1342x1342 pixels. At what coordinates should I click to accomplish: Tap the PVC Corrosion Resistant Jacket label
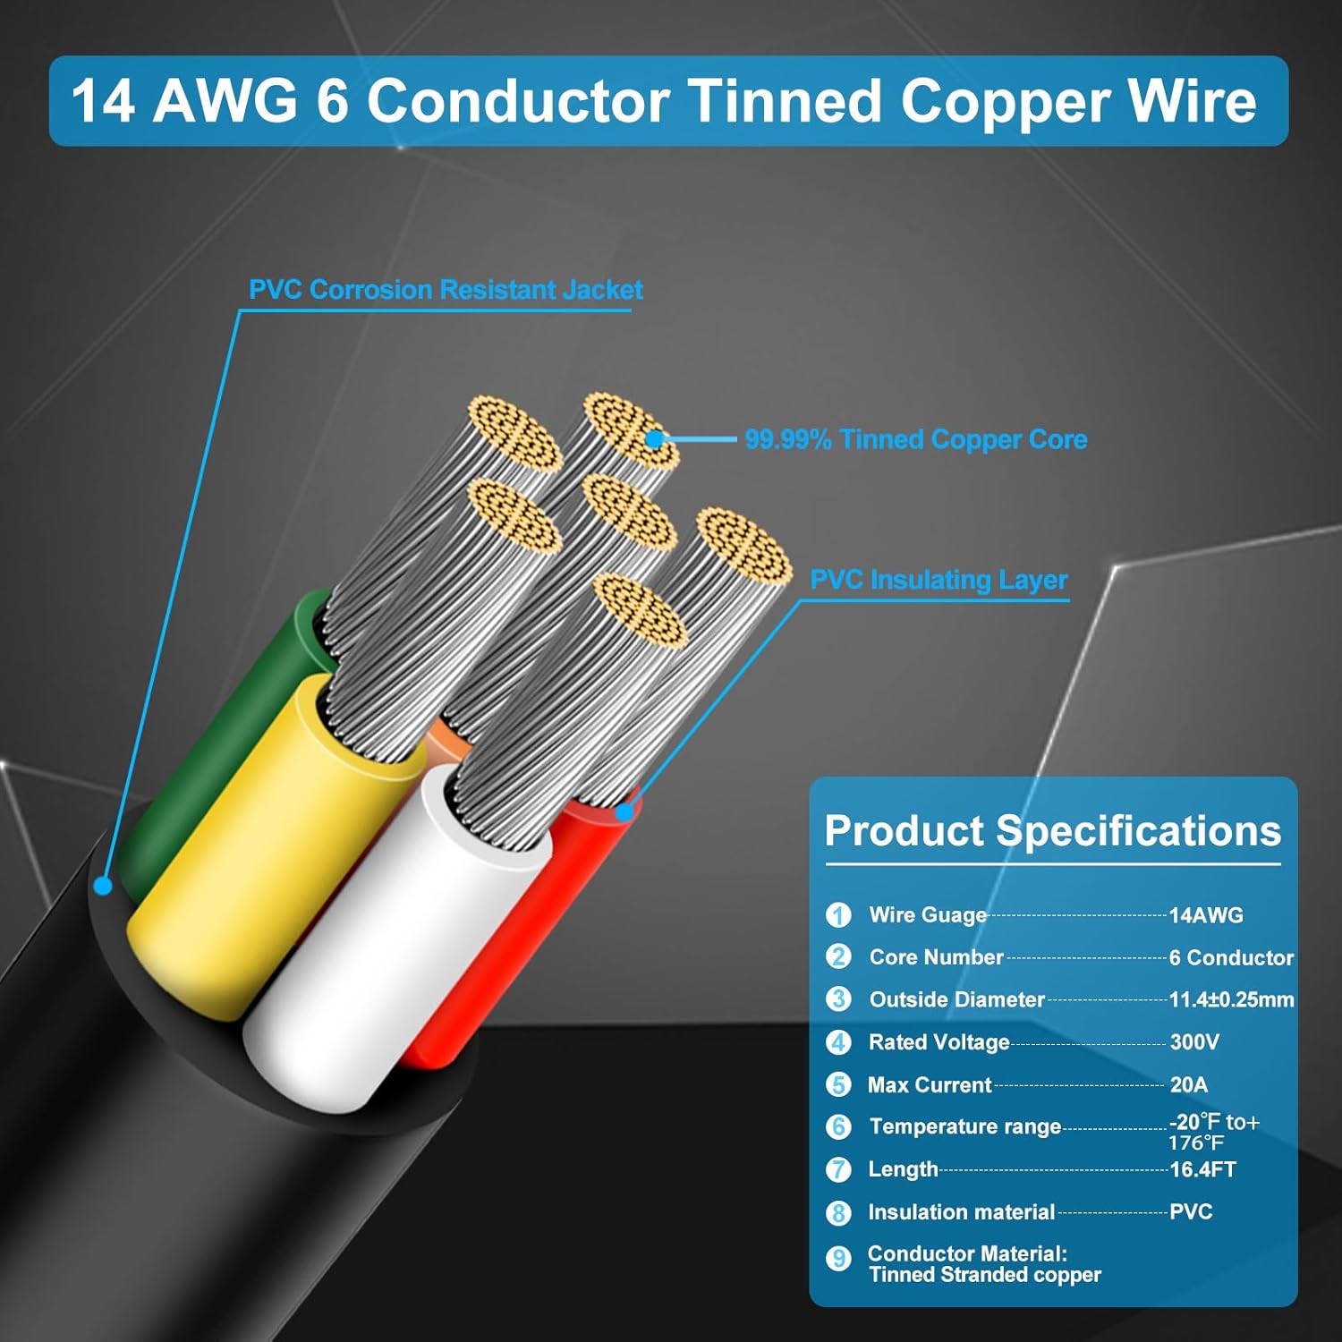pyautogui.click(x=446, y=290)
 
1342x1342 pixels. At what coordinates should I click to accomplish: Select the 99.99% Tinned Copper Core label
pyautogui.click(x=916, y=439)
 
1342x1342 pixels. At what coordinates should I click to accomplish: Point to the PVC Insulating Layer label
pyautogui.click(x=939, y=580)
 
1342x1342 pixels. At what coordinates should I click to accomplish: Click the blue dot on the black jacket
pyautogui.click(x=103, y=886)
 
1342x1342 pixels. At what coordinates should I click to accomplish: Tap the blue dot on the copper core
pyautogui.click(x=654, y=438)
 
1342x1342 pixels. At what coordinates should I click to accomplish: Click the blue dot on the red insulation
pyautogui.click(x=624, y=811)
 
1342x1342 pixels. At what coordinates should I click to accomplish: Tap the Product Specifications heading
pyautogui.click(x=1052, y=831)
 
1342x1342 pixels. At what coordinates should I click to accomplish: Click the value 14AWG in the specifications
pyautogui.click(x=1206, y=915)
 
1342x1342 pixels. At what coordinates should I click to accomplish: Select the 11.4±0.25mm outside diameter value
pyautogui.click(x=1231, y=999)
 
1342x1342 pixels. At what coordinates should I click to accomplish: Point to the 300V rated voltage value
pyautogui.click(x=1194, y=1042)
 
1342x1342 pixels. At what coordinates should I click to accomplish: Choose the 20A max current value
pyautogui.click(x=1188, y=1084)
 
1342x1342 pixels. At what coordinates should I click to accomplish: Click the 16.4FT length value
pyautogui.click(x=1202, y=1169)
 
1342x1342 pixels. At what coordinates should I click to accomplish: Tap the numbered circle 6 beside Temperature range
pyautogui.click(x=838, y=1126)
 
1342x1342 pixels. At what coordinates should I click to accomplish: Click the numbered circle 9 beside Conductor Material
pyautogui.click(x=838, y=1259)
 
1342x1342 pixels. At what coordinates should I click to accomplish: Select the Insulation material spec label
pyautogui.click(x=961, y=1212)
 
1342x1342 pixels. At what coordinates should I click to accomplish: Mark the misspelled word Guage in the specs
pyautogui.click(x=956, y=915)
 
